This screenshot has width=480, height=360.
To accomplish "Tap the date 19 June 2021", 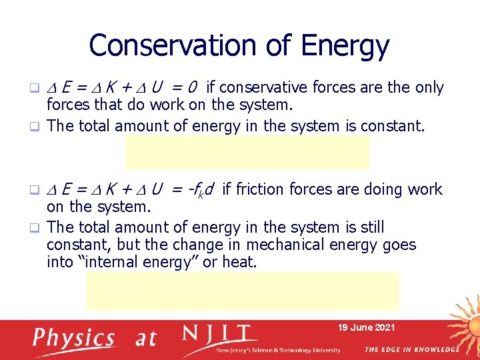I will [366, 327].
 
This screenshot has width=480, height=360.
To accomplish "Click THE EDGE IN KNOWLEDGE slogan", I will [411, 349].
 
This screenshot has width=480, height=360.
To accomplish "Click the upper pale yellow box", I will [247, 152].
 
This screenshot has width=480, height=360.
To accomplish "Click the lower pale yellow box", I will [243, 291].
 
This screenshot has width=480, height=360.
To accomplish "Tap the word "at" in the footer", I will [145, 339].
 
